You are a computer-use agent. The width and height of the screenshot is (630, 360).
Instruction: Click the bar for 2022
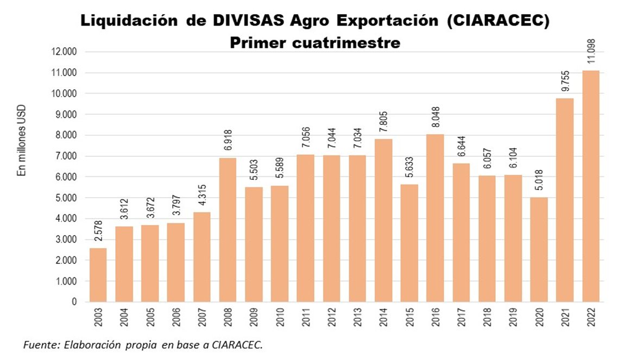[x=590, y=186]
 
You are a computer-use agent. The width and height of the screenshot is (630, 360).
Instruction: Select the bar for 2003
[x=98, y=275]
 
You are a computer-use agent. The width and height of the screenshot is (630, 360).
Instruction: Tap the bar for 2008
[x=228, y=230]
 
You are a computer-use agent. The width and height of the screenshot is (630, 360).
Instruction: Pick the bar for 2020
[x=539, y=249]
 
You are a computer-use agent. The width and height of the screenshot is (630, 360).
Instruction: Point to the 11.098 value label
[x=591, y=56]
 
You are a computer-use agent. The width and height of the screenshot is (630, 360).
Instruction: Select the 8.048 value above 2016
[x=435, y=119]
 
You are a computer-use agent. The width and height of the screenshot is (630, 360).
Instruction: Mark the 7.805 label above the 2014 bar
[x=383, y=125]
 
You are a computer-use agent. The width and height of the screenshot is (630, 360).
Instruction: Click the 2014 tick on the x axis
[x=383, y=316]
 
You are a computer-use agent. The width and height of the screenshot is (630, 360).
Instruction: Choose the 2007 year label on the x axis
[x=201, y=316]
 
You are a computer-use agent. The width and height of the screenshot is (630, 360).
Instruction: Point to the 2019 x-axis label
[x=513, y=316]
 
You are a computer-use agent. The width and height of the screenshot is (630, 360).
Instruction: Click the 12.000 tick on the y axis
[x=65, y=52]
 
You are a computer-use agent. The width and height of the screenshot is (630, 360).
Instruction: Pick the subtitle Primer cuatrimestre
[x=315, y=42]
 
